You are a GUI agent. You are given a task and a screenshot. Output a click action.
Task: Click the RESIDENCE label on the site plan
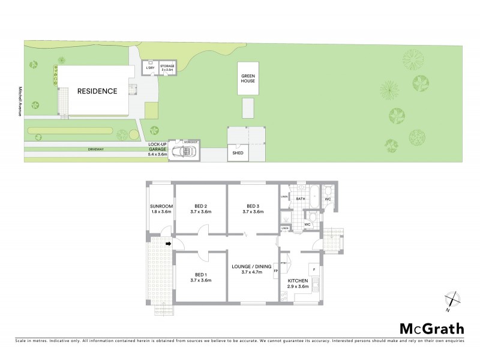click(x=97, y=91)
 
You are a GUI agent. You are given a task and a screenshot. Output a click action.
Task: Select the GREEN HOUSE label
click(x=248, y=79)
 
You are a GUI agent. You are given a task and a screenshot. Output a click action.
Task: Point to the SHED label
click(x=236, y=154)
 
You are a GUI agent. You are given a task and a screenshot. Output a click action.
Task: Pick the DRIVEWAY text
click(x=96, y=148)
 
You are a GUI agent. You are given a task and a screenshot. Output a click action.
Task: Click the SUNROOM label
click(x=161, y=208)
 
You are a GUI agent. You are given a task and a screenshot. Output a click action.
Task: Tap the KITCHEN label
click(x=298, y=283)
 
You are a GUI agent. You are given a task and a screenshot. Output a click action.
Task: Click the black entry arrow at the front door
click(x=169, y=244)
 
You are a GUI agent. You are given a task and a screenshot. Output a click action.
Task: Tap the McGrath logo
click(x=431, y=328)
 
